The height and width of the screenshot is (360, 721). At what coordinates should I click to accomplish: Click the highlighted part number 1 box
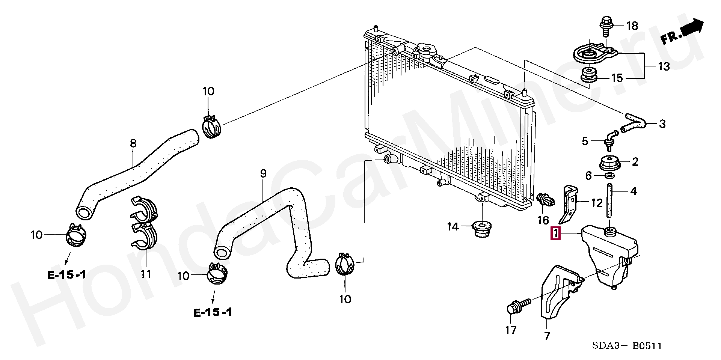(555, 233)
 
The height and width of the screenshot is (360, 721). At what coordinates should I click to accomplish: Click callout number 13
(664, 66)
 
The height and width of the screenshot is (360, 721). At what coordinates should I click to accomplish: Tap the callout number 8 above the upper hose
(133, 143)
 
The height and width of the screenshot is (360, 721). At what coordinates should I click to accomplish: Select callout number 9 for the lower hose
(263, 174)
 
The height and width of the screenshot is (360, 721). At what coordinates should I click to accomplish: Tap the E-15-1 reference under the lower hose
(213, 312)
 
